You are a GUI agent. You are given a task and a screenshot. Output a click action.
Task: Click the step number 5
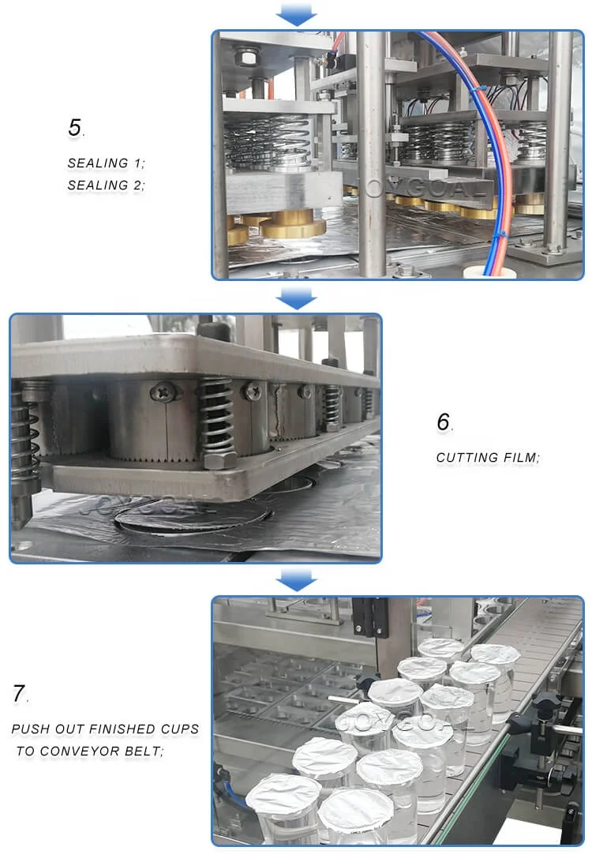pos(74,128)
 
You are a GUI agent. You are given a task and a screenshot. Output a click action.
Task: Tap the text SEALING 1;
pos(107,163)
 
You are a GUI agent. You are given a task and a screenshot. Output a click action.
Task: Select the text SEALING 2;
pos(107,186)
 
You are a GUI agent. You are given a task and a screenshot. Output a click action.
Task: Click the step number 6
pos(444,422)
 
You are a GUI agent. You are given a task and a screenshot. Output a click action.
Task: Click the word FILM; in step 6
pos(523,458)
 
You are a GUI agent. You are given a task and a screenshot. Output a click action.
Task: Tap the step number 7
pos(19,694)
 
